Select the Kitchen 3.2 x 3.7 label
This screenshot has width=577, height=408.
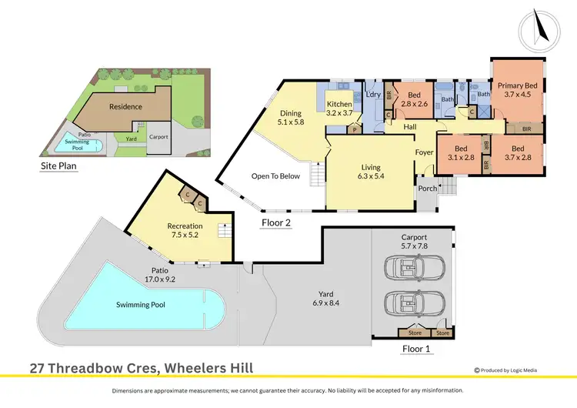339,109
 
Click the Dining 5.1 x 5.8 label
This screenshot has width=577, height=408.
290,118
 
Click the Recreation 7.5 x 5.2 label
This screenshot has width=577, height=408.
185,230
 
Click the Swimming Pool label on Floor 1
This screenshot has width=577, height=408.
141,304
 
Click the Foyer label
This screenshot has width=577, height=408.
425,152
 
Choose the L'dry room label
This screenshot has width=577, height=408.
373,94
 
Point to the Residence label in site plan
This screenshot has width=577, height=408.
125,106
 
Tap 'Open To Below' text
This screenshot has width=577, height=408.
275,176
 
